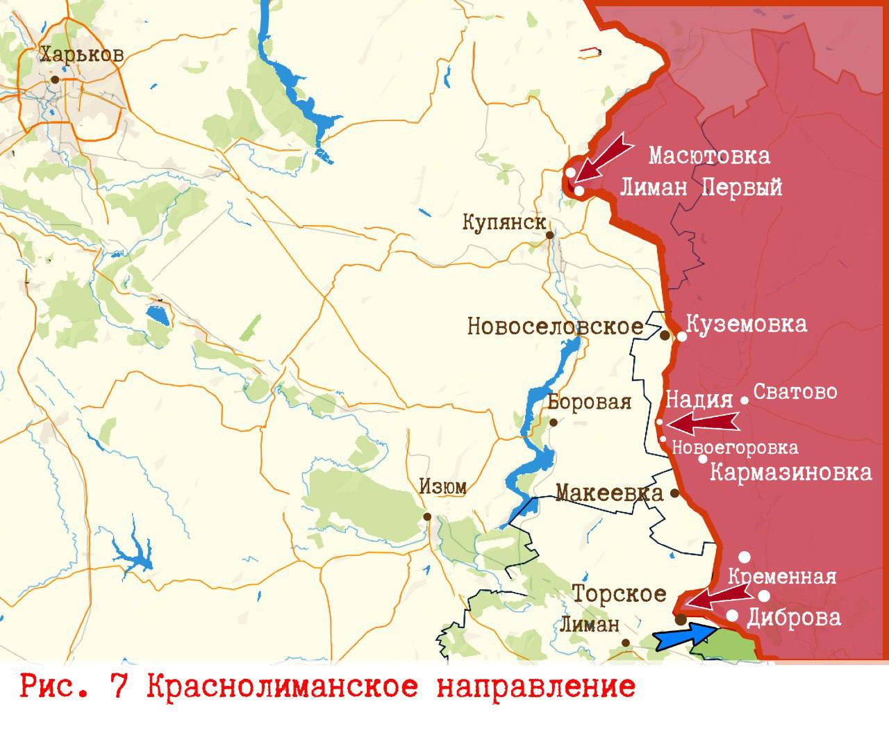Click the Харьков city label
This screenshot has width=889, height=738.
click(81, 55)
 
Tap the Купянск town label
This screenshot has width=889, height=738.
click(504, 223)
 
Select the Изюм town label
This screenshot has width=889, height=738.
click(442, 488)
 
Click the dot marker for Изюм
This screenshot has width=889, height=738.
click(427, 516)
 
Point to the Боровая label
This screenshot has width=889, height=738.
click(589, 402)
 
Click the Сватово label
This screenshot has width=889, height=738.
click(795, 392)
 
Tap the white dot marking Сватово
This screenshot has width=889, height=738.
click(745, 400)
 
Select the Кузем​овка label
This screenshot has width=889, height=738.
click(746, 324)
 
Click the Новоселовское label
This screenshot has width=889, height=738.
click(564, 326)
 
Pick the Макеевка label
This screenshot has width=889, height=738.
click(609, 493)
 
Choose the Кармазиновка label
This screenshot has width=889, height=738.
click(790, 473)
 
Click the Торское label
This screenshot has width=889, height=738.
click(618, 594)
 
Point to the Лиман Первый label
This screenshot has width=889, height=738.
click(700, 187)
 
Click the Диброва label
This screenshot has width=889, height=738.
click(793, 617)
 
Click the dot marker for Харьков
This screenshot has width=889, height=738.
click(55, 79)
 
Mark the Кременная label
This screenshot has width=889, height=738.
click(781, 577)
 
